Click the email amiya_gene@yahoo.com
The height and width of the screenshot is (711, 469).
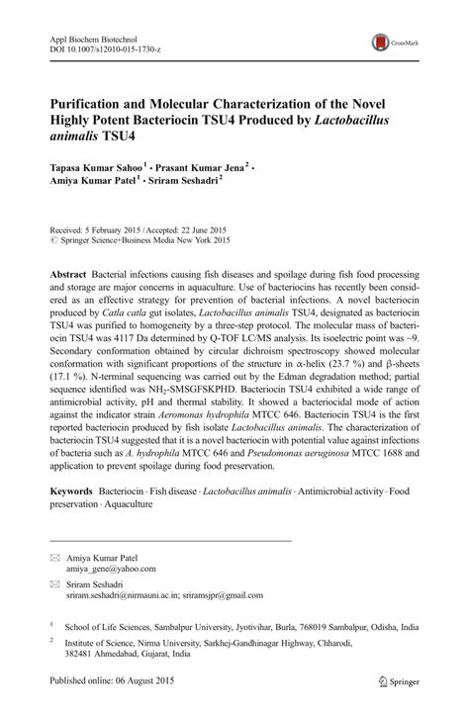(111, 569)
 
